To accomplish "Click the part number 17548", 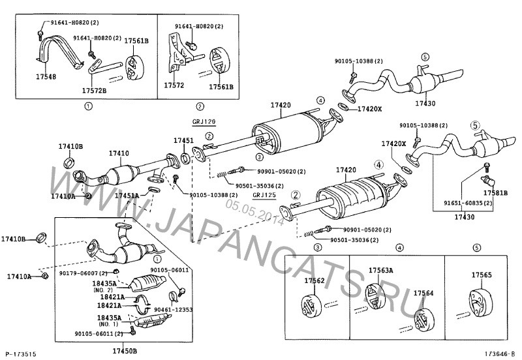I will tap(45, 76).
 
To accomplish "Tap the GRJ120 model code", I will tap(204, 122).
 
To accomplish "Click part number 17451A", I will tap(126, 195).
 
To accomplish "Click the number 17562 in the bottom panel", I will tap(315, 281).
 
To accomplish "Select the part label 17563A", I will tap(381, 270).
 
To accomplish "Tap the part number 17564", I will tap(423, 294).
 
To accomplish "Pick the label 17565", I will tap(482, 275).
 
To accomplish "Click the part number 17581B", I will tap(495, 193).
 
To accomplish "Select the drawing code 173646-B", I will tap(500, 353).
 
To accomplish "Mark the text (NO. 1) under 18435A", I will tap(107, 324).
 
